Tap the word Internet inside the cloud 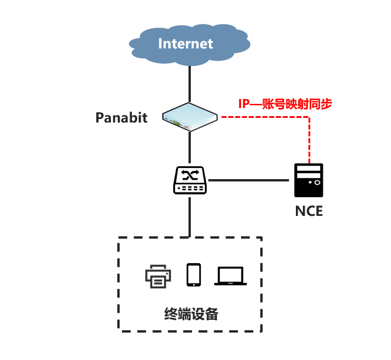coord(186,43)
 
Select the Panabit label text coord(121,117)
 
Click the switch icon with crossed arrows coord(190,180)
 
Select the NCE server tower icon coord(308,181)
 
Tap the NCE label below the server coord(308,211)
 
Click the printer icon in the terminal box coord(158,275)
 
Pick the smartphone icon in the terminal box coord(194,275)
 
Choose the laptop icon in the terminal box coord(231,275)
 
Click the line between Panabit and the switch coord(190,148)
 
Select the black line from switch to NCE coord(250,180)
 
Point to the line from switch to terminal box coord(190,216)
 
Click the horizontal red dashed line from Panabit coord(263,117)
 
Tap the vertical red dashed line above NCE coord(309,140)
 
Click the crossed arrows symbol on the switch coord(190,174)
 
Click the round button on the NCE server coord(317,183)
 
